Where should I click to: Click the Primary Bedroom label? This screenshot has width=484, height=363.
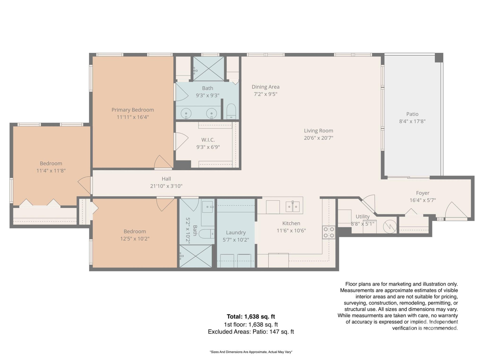click(x=133, y=110)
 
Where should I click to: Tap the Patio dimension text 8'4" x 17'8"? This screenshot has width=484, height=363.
click(x=412, y=121)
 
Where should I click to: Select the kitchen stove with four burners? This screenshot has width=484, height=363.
click(x=329, y=232)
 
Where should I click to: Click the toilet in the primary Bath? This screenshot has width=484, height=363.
click(x=231, y=111)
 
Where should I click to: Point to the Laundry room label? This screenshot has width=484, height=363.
click(x=236, y=232)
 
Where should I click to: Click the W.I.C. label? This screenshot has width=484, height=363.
click(x=208, y=140)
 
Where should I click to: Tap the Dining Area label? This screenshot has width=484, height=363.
click(x=265, y=87)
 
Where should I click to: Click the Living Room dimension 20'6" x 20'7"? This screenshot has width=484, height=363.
click(x=318, y=138)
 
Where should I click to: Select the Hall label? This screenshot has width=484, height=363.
click(x=166, y=179)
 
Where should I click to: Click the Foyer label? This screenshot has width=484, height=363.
click(x=422, y=193)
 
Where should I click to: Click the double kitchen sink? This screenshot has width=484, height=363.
click(x=292, y=207)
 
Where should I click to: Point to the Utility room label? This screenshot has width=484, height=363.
click(x=362, y=217)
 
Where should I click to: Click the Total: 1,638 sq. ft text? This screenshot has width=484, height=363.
click(x=251, y=317)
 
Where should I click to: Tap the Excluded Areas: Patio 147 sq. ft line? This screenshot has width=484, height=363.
click(x=251, y=332)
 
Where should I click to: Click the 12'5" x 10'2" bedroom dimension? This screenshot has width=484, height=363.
click(x=135, y=239)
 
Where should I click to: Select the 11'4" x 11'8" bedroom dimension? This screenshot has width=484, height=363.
click(x=51, y=171)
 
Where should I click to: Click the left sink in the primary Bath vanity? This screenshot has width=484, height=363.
click(x=186, y=114)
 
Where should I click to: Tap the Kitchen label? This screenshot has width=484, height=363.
click(x=291, y=223)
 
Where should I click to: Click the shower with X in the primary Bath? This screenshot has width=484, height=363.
click(x=208, y=69)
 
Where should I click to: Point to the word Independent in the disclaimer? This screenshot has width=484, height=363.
click(x=443, y=322)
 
